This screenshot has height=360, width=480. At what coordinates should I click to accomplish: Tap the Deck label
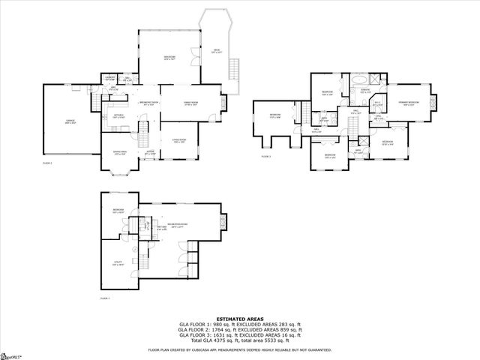click(x=216, y=51)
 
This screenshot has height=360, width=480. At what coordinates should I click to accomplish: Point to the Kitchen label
click(x=118, y=116)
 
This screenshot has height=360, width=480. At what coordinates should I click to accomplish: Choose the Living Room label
click(x=179, y=141)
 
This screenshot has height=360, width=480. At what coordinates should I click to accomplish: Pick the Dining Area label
click(x=120, y=154)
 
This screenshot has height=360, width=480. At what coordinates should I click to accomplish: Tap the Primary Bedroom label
click(x=408, y=103)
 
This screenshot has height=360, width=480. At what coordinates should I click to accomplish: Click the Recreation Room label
click(x=178, y=226)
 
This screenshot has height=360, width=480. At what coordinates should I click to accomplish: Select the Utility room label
click(x=118, y=263)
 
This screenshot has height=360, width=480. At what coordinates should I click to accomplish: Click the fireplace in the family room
click(x=223, y=102)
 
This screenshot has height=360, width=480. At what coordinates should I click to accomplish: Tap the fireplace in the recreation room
click(x=222, y=220)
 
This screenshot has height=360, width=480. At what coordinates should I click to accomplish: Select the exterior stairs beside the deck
click(x=232, y=70)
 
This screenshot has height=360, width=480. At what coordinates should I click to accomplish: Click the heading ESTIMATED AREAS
click(x=240, y=318)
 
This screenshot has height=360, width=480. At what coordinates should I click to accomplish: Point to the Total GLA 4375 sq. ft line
click(x=240, y=339)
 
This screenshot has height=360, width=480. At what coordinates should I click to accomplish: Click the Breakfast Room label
click(x=148, y=103)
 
